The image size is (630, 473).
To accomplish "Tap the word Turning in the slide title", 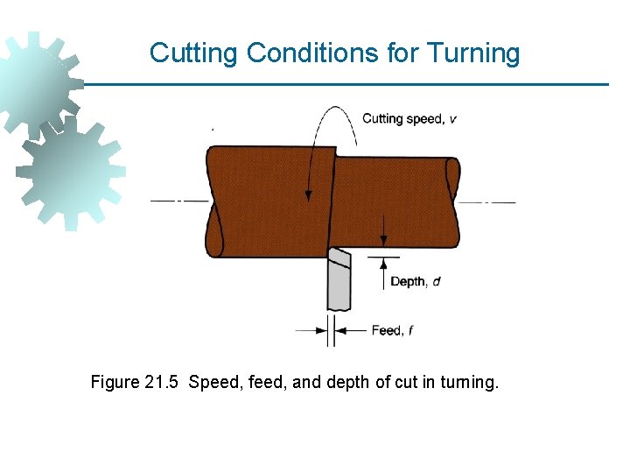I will pyautogui.click(x=473, y=53).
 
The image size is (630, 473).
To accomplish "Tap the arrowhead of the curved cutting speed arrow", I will pyautogui.click(x=308, y=194).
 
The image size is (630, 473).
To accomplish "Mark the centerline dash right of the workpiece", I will pyautogui.click(x=489, y=202).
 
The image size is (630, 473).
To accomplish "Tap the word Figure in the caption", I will pyautogui.click(x=115, y=383).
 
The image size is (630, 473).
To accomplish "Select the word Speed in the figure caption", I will pyautogui.click(x=211, y=383).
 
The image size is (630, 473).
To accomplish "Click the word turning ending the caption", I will pyautogui.click(x=472, y=383).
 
